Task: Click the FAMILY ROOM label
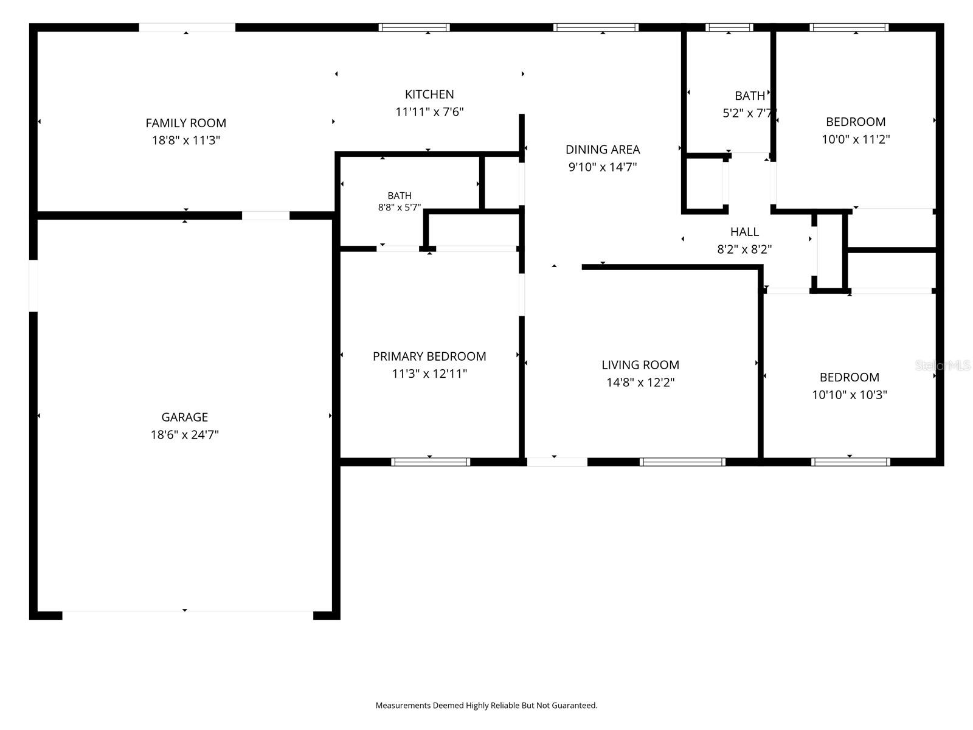(x=185, y=123)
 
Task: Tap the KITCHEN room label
(x=429, y=94)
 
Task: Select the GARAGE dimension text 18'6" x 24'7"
(x=184, y=434)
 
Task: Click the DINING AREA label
(x=603, y=150)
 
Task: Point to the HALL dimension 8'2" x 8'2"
(x=744, y=249)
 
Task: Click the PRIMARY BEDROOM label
(x=429, y=356)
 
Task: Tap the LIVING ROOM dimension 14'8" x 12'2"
(x=640, y=382)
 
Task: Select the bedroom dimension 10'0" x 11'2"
(x=856, y=139)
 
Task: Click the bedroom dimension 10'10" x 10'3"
(x=850, y=394)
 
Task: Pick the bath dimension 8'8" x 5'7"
(x=400, y=207)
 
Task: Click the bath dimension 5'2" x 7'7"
(x=749, y=113)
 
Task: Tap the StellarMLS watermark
(x=943, y=366)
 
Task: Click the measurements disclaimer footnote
(x=486, y=705)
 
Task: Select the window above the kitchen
(x=414, y=27)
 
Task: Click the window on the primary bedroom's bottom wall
(x=431, y=462)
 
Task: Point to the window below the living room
(x=682, y=462)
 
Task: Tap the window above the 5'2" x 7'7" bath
(x=729, y=27)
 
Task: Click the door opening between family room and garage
(x=266, y=215)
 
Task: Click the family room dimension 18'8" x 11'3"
(x=185, y=140)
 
